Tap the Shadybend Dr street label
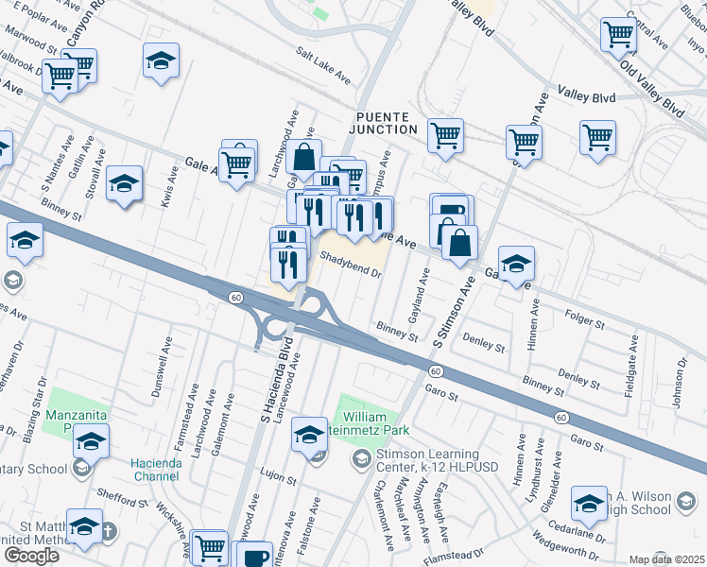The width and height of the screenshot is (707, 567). coord(350,264)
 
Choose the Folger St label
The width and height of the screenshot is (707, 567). coord(584,320)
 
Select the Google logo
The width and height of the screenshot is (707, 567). coord(31,555)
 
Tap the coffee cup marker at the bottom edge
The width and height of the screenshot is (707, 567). coord(253,556)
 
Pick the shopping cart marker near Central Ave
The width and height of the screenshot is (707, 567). coord(618,35)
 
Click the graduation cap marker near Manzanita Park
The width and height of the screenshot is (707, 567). coord(91,441)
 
